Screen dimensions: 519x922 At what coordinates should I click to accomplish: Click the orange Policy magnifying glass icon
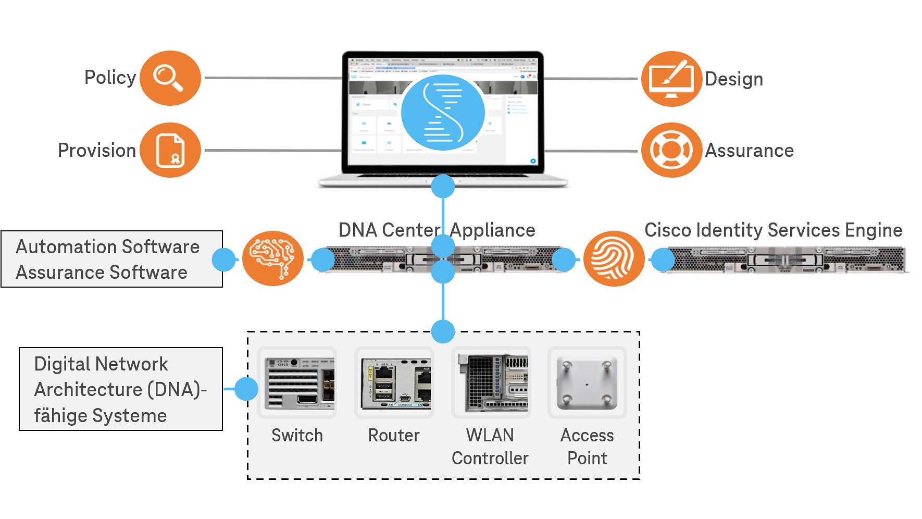point(170,78)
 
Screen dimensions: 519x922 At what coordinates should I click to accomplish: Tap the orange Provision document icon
point(170,150)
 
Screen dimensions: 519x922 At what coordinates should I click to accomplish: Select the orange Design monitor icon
point(671,79)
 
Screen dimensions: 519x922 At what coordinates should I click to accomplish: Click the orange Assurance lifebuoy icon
point(671,150)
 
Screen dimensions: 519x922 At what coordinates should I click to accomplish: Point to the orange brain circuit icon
point(273,258)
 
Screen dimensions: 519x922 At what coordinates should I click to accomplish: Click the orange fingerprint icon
point(614,258)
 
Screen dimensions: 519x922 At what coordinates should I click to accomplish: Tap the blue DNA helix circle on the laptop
point(443,112)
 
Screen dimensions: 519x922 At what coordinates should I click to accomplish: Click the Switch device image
point(297,383)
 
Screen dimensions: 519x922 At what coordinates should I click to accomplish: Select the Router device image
point(394,383)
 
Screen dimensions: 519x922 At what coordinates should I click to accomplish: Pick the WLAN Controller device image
point(491,383)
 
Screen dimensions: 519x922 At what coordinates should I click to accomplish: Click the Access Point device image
point(587,383)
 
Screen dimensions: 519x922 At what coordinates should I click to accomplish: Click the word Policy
point(110,78)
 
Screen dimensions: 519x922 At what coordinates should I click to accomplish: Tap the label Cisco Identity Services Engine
point(773,230)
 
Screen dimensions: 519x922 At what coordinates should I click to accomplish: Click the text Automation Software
point(108,246)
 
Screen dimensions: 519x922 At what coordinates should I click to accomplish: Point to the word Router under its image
point(394,435)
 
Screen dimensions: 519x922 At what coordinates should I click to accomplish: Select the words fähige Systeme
point(101,415)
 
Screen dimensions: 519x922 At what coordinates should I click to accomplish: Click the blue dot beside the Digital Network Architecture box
point(246,389)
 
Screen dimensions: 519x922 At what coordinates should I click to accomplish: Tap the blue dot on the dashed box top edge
point(443,331)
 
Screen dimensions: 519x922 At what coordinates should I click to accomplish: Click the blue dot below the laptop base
point(443,186)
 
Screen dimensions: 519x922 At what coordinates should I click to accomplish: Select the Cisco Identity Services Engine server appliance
point(787,259)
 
